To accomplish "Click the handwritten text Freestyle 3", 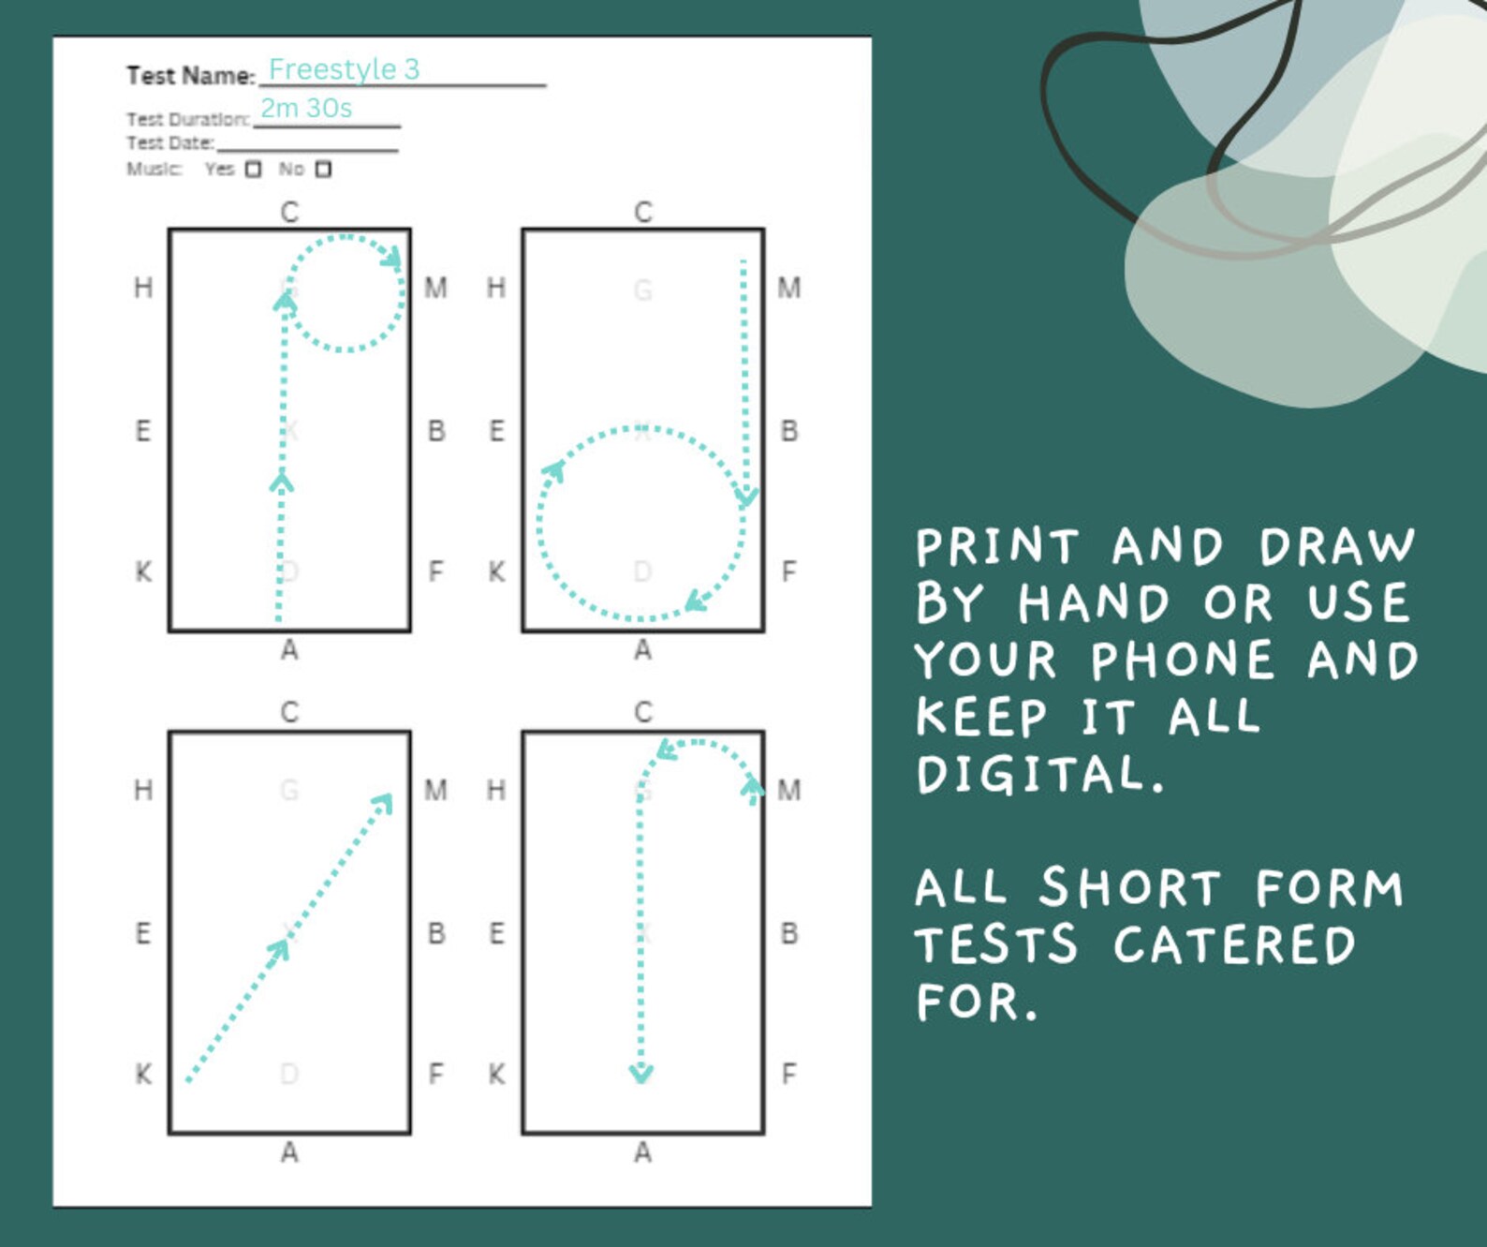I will point(344,69).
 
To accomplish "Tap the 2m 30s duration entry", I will point(306,109).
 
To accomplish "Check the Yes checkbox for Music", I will point(253,170).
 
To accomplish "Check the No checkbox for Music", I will point(323,170).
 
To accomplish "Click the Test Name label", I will point(190,76).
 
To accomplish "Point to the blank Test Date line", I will point(307,146).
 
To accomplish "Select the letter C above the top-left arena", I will point(289,213).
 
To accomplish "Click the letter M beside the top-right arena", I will point(788,288).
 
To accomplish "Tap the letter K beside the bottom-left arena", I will point(143,1074).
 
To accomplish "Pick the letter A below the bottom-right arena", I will point(642,1152).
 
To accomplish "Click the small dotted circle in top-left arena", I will point(346,293).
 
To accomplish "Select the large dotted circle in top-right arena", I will point(641,523).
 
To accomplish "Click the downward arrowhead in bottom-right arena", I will point(640,1073).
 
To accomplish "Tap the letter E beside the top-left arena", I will point(143,431).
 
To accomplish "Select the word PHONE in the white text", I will point(1183,661).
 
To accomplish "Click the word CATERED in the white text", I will point(1234,944).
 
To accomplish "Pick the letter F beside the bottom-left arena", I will point(435,1074).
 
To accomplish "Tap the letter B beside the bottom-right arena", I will point(788,933).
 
